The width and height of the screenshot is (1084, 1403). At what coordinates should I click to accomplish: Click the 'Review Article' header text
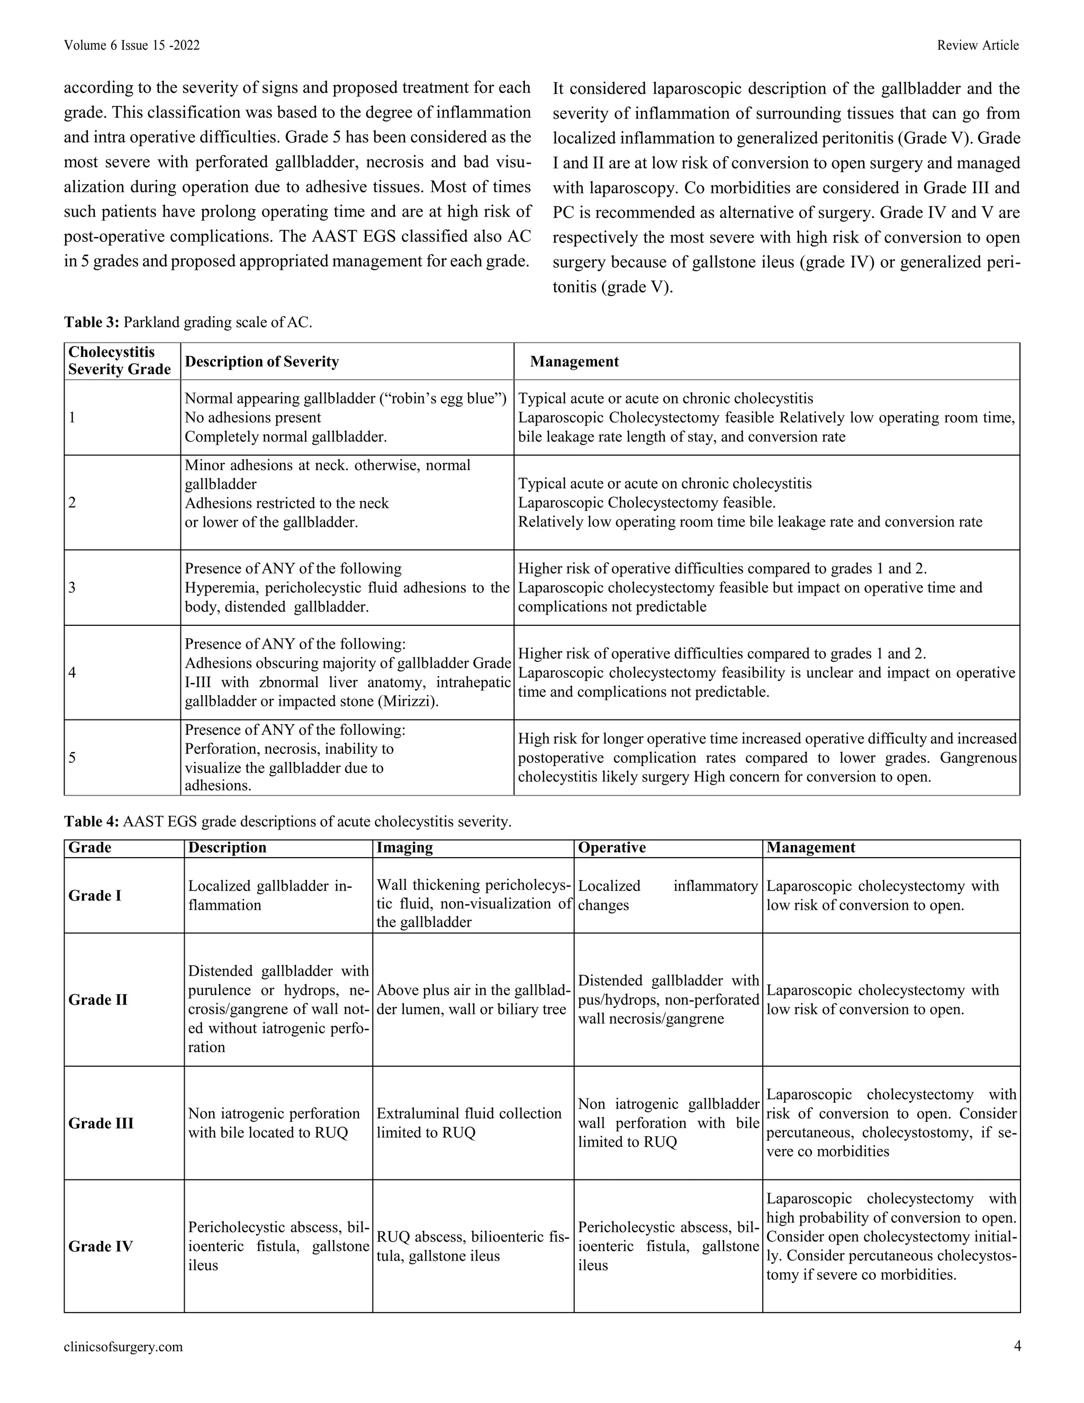tap(978, 45)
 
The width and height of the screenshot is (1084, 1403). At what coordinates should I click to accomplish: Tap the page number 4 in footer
tap(1017, 1346)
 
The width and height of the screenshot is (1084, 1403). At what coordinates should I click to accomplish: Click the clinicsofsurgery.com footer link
tap(123, 1346)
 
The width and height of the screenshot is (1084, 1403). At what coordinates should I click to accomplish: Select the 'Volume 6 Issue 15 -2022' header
tap(132, 45)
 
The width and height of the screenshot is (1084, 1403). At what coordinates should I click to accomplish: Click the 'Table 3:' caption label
tap(91, 322)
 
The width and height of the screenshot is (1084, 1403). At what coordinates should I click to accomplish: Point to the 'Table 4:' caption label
tap(91, 821)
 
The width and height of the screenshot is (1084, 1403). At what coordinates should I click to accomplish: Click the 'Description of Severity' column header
tap(261, 361)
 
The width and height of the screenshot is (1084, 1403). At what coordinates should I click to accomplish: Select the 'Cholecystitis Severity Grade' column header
tap(120, 361)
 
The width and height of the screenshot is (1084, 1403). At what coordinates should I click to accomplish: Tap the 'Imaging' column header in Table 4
tap(404, 847)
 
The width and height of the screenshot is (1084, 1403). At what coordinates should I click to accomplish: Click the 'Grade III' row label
tap(101, 1123)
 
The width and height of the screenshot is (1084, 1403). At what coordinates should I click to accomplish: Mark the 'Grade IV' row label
tap(100, 1246)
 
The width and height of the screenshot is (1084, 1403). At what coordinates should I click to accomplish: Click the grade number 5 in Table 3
tap(72, 758)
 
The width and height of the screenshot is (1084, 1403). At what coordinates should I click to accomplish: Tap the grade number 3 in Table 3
tap(72, 587)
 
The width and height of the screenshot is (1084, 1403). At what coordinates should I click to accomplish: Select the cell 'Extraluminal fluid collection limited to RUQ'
tap(469, 1122)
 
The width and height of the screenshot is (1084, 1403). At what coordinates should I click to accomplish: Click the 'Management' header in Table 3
tap(574, 361)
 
